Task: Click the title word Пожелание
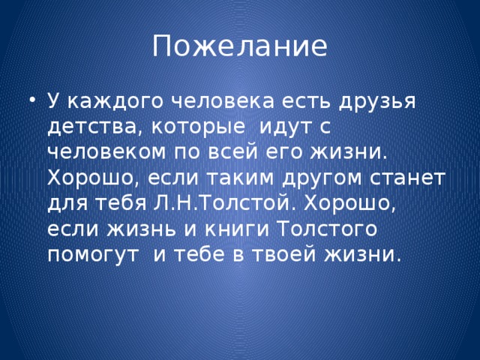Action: tap(239, 46)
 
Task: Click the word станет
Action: tap(412, 178)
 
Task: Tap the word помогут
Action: tap(94, 255)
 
